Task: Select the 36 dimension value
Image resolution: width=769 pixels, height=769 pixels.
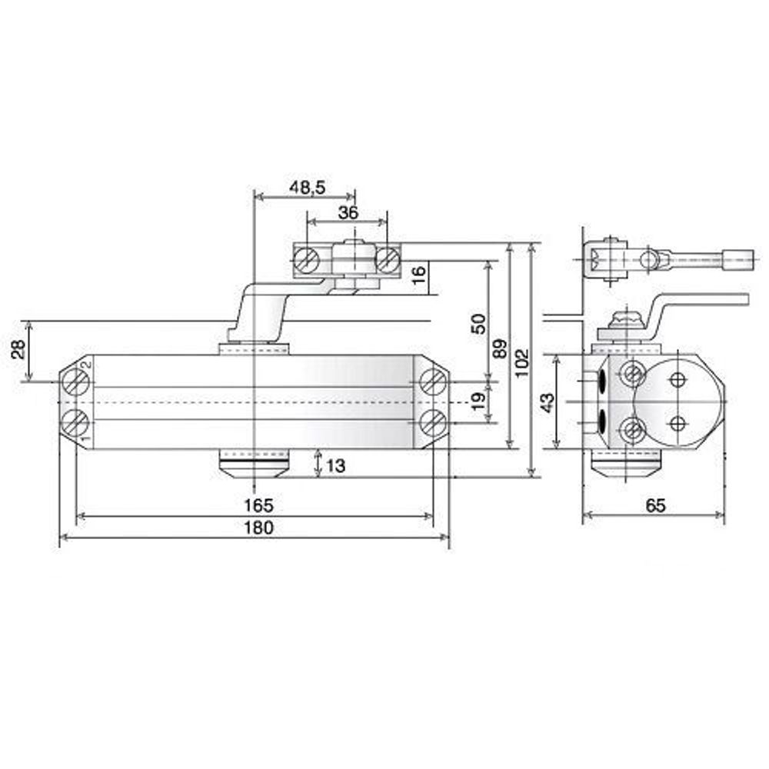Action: (x=348, y=213)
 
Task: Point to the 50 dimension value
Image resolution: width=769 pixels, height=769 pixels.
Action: (x=478, y=322)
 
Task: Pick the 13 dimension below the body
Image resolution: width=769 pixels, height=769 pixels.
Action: (x=337, y=465)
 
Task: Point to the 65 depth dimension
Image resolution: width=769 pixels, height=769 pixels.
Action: (x=655, y=505)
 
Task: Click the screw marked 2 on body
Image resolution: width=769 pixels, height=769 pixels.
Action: (x=75, y=379)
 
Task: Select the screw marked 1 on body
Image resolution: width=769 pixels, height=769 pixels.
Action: (x=75, y=422)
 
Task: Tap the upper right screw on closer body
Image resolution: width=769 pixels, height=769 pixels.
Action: (x=434, y=380)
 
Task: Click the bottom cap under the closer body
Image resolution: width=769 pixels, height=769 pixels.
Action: (x=254, y=465)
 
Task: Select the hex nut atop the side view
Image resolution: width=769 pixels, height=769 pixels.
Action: (x=623, y=318)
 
